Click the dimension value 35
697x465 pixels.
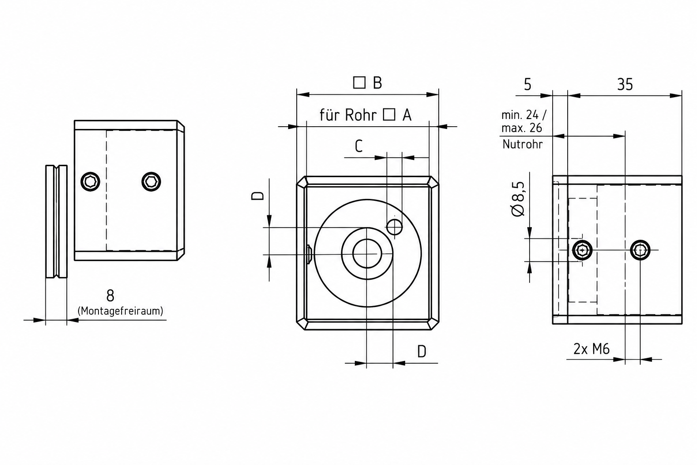625,84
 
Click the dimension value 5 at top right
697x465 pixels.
528,84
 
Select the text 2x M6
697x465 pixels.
592,349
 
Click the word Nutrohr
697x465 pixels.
522,144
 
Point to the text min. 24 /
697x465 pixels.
524,115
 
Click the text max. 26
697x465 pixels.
521,128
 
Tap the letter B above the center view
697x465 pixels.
378,83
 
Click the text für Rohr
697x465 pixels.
348,115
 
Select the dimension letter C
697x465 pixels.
359,146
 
